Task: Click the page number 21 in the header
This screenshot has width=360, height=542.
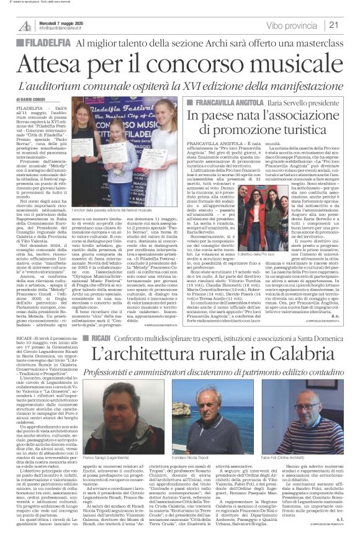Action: tap(351, 25)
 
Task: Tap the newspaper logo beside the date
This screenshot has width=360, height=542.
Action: tap(25, 25)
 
